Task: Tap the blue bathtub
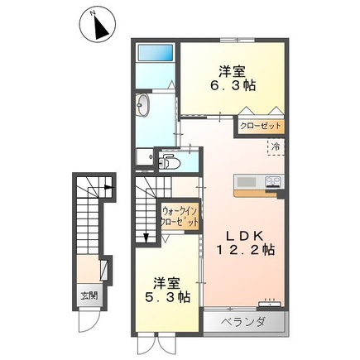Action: pos(156,52)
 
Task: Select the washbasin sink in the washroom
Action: pos(142,105)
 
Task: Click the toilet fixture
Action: pos(169,161)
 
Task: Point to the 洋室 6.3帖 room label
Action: pos(233,79)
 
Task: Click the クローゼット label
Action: pos(261,127)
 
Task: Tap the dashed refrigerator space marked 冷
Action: pos(276,147)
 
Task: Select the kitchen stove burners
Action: pos(273,181)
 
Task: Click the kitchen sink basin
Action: pos(247,182)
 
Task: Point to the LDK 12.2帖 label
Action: pos(245,242)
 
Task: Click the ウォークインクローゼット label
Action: pos(180,217)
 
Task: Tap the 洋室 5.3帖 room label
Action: pos(168,290)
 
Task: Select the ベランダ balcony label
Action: pos(244,322)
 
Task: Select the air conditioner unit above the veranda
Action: pos(270,304)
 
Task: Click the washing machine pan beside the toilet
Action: pos(145,156)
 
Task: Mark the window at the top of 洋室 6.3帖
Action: pos(238,40)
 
